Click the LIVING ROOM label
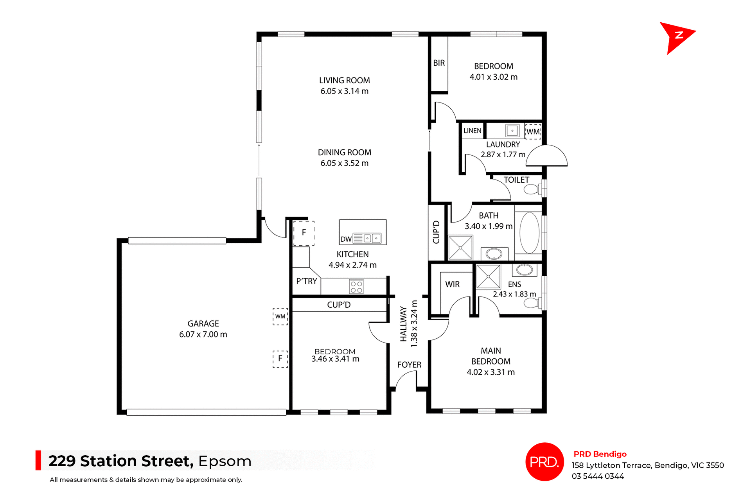tap(344, 81)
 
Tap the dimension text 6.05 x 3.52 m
tap(344, 163)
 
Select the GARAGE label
tap(203, 324)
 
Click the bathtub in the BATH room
tap(529, 233)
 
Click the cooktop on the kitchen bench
tap(356, 286)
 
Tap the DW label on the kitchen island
tap(346, 239)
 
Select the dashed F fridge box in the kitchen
tap(304, 233)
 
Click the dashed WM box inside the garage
tap(280, 316)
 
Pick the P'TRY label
tap(307, 281)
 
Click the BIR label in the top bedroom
tap(439, 63)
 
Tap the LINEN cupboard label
tap(472, 131)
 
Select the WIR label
tap(452, 284)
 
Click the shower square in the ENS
tap(488, 277)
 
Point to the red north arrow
tap(677, 37)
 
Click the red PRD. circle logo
tap(544, 461)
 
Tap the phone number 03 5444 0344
tap(598, 476)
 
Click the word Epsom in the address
tap(225, 461)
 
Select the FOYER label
tap(409, 365)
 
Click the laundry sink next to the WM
tap(512, 131)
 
